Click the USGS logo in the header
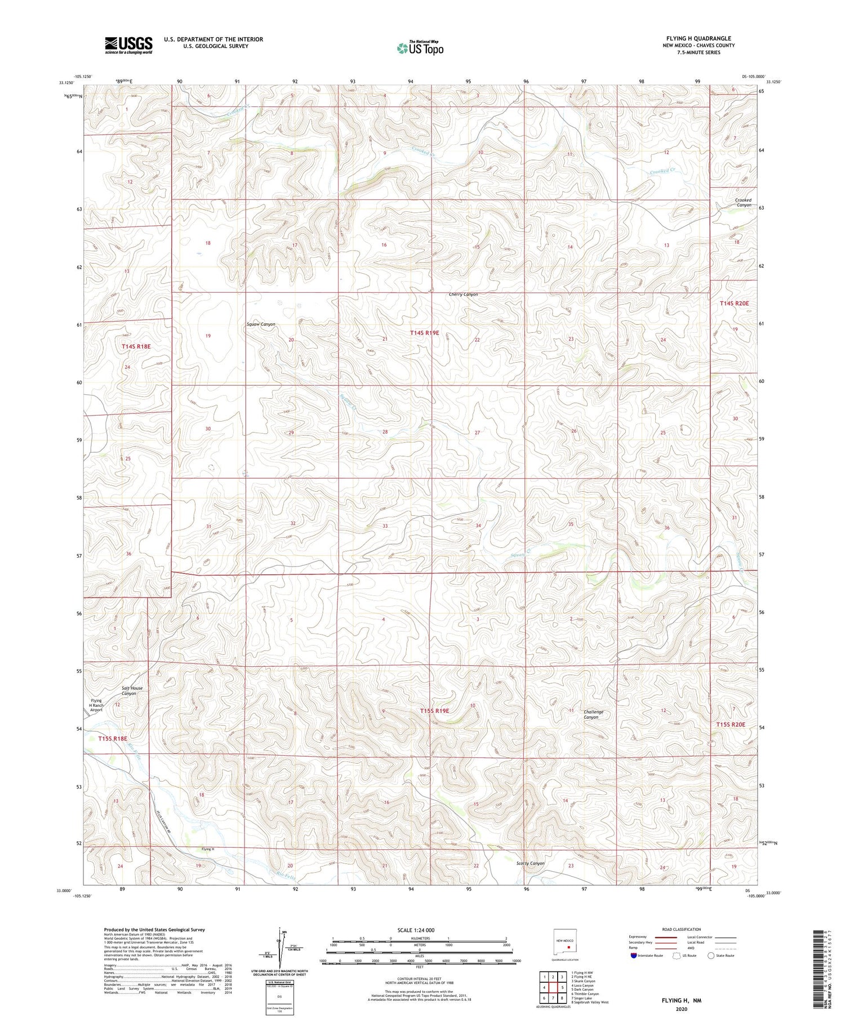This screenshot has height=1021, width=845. pyautogui.click(x=128, y=45)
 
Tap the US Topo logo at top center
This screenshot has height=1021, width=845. pyautogui.click(x=420, y=48)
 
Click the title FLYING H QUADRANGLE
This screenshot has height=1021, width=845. pyautogui.click(x=699, y=38)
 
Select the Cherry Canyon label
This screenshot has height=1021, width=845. pyautogui.click(x=463, y=295)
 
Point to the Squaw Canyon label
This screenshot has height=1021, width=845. pyautogui.click(x=261, y=324)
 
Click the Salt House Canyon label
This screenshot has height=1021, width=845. pyautogui.click(x=132, y=691)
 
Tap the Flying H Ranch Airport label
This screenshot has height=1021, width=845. pyautogui.click(x=97, y=706)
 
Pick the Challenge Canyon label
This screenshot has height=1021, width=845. pyautogui.click(x=593, y=715)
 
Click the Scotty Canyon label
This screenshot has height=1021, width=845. pyautogui.click(x=530, y=863)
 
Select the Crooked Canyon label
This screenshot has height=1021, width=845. pyautogui.click(x=744, y=203)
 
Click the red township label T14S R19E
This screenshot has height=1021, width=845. pyautogui.click(x=424, y=333)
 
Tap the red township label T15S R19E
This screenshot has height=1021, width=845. pyautogui.click(x=434, y=711)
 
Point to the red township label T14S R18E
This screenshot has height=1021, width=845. pyautogui.click(x=136, y=346)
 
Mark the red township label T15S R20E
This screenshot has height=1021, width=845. pyautogui.click(x=731, y=725)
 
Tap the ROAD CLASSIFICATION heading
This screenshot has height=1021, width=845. pyautogui.click(x=682, y=929)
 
